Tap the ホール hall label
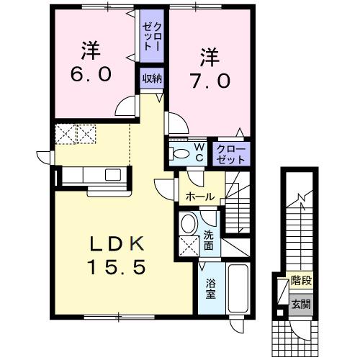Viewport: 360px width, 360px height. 199,196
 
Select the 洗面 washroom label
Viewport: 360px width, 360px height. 209,240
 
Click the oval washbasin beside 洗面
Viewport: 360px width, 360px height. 189,223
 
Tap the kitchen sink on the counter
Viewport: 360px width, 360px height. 112,174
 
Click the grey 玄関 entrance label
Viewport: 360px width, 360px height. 300,304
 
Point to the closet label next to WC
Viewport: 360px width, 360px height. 232,153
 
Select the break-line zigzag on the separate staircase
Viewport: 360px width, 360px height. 300,196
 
